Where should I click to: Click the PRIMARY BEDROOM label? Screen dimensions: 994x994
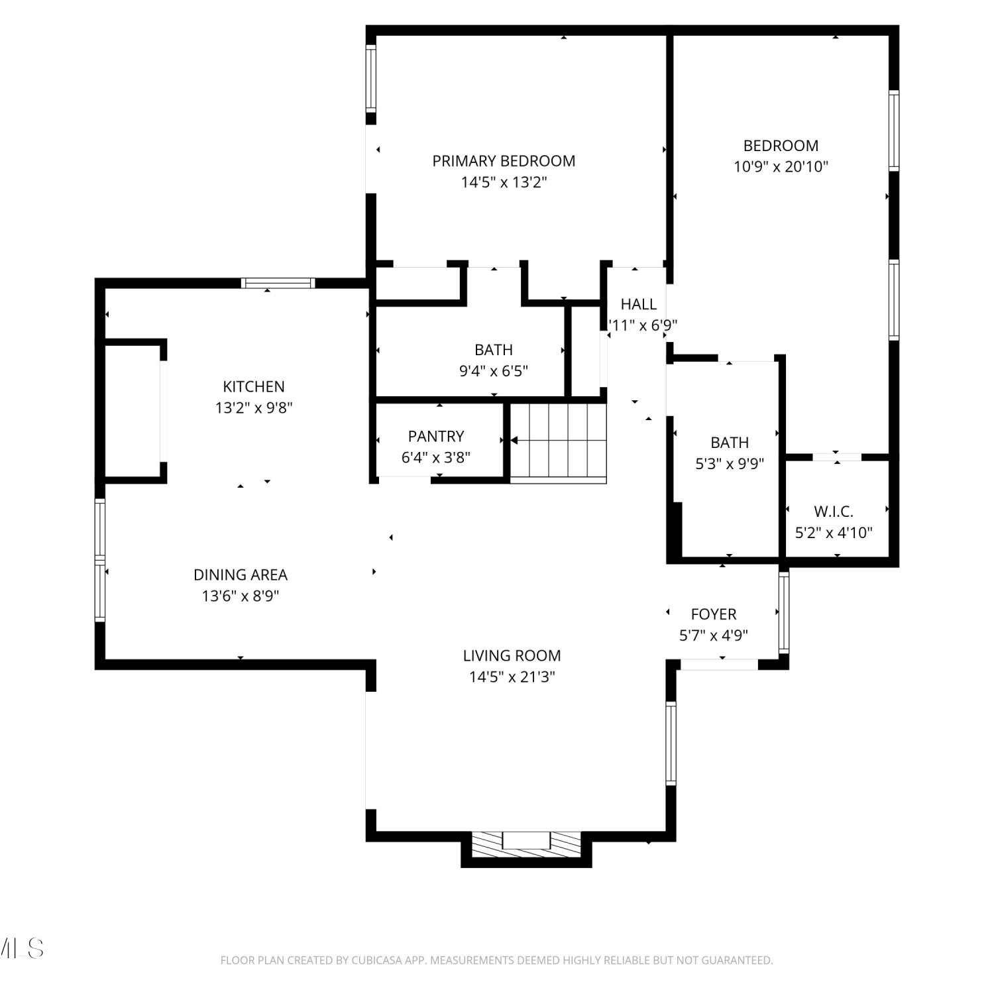(504, 161)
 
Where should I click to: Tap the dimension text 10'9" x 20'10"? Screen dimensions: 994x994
(781, 166)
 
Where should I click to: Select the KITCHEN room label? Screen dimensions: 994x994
(254, 386)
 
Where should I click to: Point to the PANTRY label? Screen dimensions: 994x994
(436, 436)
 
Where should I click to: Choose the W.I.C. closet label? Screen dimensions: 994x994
(834, 512)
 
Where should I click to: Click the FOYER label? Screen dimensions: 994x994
(714, 614)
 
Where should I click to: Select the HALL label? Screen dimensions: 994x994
(639, 304)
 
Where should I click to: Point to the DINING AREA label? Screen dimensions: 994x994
(241, 575)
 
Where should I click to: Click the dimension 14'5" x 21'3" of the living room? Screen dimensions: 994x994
(512, 677)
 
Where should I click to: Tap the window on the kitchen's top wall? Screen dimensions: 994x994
(278, 283)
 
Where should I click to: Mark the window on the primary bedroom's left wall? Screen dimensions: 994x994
(371, 78)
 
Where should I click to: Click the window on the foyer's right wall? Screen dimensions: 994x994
(784, 612)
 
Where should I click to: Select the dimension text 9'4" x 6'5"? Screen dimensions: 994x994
(494, 371)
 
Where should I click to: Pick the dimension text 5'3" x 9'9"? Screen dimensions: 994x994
(730, 464)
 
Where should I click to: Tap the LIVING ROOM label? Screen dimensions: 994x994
(512, 655)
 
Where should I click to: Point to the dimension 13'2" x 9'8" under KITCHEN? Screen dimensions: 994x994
(254, 408)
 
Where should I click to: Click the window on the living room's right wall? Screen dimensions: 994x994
(671, 744)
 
